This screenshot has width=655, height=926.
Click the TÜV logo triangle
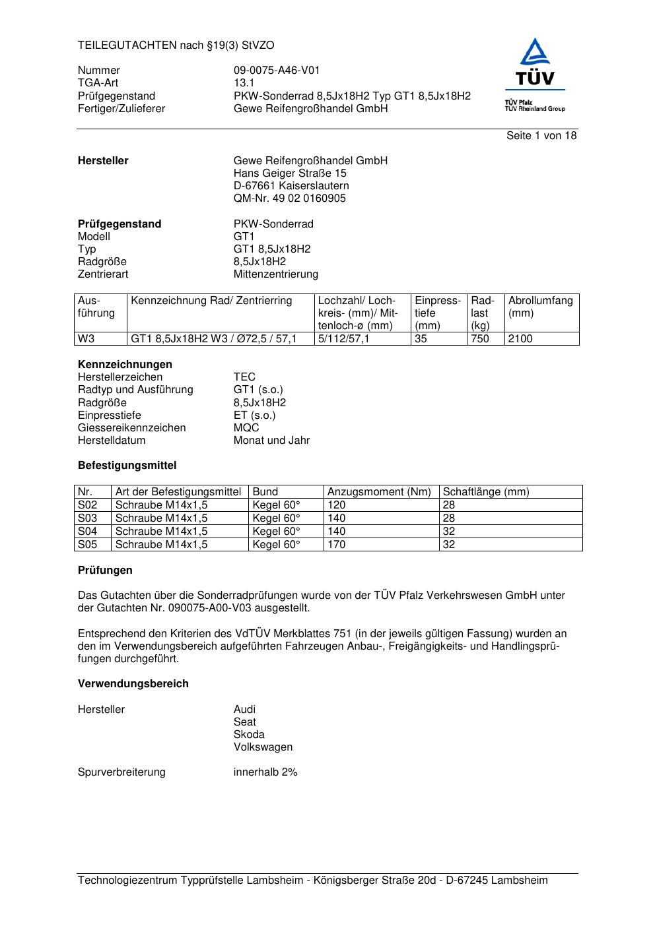pos(534,53)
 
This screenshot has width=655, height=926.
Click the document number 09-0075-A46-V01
pos(277,71)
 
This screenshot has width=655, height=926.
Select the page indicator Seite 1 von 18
pos(541,136)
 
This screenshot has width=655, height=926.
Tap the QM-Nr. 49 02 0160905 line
pos(289,199)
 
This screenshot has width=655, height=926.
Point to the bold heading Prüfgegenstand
pos(120,224)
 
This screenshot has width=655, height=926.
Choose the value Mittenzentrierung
pos(275,274)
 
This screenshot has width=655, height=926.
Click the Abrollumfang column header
pos(540,307)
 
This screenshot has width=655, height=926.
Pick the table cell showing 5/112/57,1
pos(344,339)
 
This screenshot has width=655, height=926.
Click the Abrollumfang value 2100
pos(520,339)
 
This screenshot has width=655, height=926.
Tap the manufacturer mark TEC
pos(244,377)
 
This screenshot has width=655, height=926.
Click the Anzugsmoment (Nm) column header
pos(379,492)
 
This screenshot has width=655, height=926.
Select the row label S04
pos(87,532)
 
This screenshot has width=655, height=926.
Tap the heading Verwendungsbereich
pos(133,684)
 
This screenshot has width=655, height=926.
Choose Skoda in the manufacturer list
pos(249,735)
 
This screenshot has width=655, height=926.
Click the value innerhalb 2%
pos(265,772)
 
